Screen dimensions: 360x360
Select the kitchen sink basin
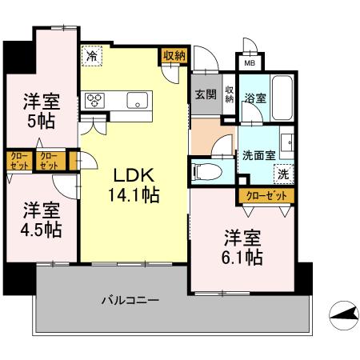137,100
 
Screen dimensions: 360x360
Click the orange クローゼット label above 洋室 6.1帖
266,194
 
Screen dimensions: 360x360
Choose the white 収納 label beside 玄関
229,94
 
